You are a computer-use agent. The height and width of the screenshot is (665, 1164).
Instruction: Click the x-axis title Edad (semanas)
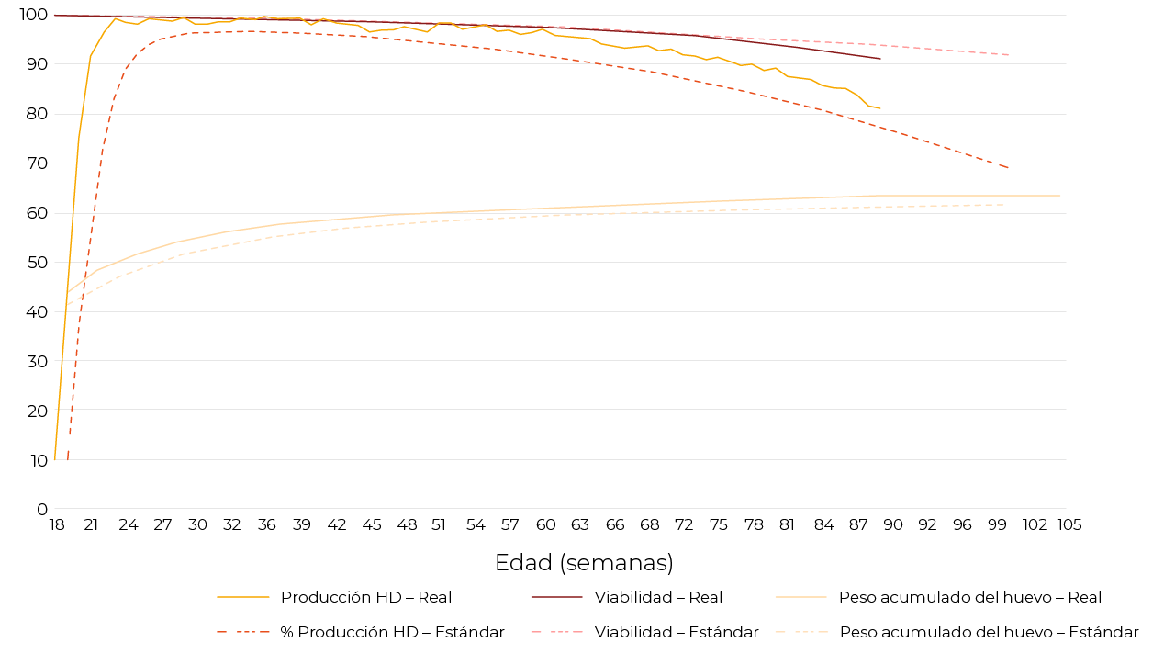(x=584, y=563)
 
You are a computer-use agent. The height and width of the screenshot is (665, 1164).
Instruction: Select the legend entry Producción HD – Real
(x=365, y=597)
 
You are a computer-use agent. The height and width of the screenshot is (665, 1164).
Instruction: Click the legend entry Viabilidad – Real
(x=658, y=597)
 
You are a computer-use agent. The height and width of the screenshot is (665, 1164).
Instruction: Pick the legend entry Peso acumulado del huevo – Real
(x=969, y=597)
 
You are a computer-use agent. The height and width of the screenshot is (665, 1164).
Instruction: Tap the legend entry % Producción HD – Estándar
(x=392, y=632)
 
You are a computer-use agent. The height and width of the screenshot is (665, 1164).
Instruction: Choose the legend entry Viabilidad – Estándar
(x=676, y=632)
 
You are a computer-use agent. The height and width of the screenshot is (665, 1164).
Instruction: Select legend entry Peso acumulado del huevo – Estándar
(x=989, y=632)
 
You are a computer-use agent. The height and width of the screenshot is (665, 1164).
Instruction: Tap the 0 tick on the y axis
(x=41, y=510)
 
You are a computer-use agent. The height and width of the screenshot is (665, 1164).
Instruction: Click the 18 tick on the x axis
(x=56, y=524)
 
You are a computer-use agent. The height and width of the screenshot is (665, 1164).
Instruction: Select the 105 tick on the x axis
(x=1069, y=524)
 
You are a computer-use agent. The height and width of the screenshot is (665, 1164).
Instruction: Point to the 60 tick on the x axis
(x=546, y=524)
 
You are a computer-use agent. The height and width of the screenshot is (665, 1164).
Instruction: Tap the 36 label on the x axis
(x=266, y=524)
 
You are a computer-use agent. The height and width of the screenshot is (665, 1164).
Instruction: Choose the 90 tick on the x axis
(x=892, y=524)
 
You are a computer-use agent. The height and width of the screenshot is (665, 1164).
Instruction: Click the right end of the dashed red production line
(x=1009, y=168)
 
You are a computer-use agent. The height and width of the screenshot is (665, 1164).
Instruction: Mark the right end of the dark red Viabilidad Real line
(x=880, y=59)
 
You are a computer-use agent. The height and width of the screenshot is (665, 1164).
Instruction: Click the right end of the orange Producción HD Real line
(x=879, y=108)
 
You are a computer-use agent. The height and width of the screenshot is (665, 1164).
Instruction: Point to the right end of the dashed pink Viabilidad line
(x=1009, y=55)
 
